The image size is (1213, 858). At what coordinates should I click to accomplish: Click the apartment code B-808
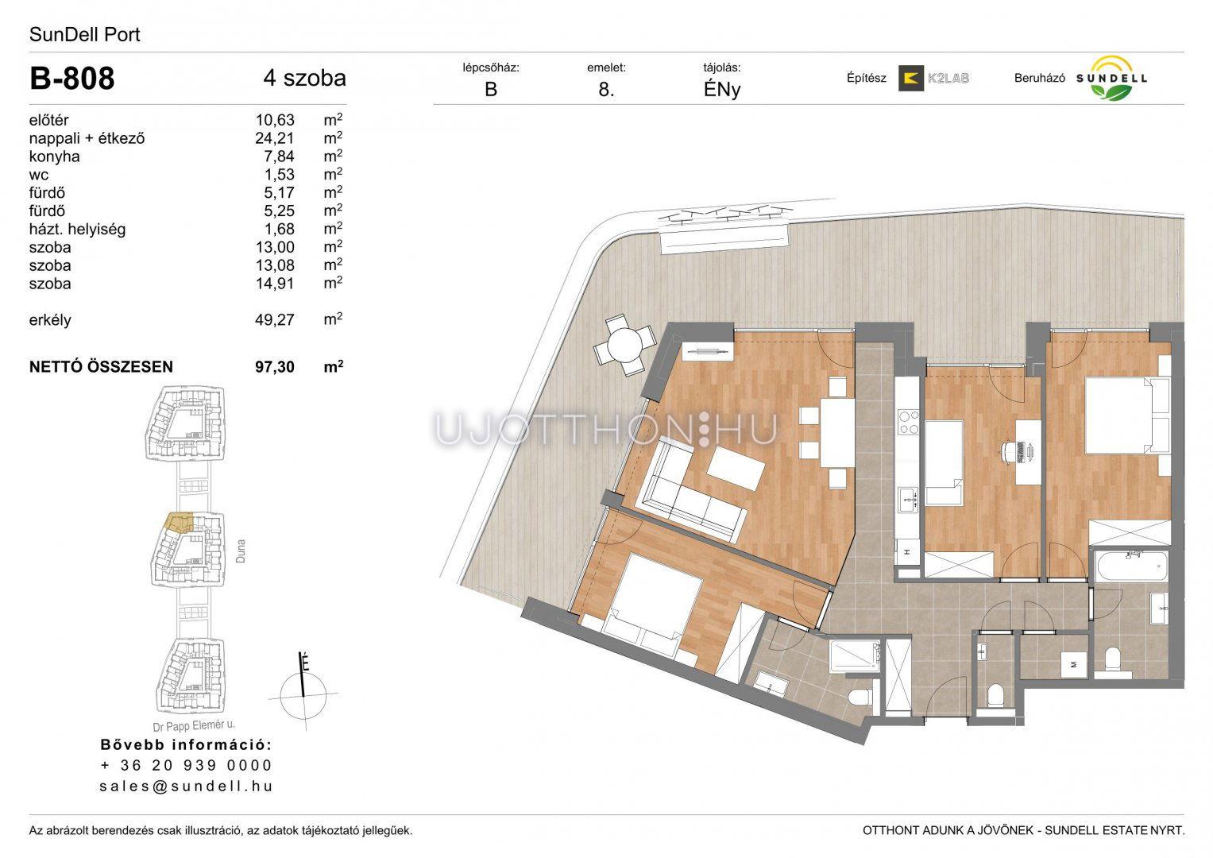72,79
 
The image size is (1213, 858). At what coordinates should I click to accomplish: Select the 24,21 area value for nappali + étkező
275,138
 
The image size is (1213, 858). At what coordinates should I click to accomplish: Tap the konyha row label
54,157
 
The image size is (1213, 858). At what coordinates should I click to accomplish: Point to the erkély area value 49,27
275,319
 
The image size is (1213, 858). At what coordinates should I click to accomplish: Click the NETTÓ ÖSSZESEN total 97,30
275,367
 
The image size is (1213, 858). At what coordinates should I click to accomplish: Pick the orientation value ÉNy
722,90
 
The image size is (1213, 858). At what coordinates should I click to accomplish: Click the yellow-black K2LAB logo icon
911,78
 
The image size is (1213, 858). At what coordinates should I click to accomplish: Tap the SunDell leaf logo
1111,79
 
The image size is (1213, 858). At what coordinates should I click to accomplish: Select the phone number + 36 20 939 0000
186,765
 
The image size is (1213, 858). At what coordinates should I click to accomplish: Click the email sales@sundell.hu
186,786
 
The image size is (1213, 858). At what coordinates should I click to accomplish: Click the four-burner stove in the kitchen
908,423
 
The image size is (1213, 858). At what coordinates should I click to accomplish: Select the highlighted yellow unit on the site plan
179,523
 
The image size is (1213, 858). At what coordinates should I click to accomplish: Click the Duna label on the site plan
241,551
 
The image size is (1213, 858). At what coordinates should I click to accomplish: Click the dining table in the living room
836,433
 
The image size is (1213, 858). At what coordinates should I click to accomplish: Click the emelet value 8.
607,90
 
